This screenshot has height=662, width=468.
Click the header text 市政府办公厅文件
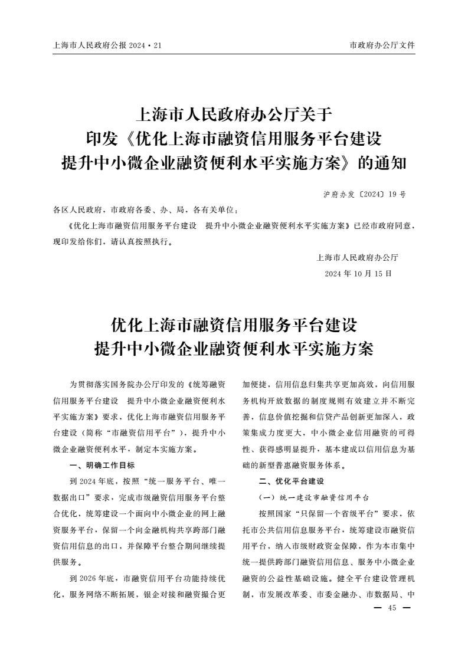382,45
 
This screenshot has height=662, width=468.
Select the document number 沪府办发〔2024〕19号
364,194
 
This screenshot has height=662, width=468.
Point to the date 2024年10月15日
358,274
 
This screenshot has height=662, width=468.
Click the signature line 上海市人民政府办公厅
358,258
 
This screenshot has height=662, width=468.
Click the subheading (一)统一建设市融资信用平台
314,497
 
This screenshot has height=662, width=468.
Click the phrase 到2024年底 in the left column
91,481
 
